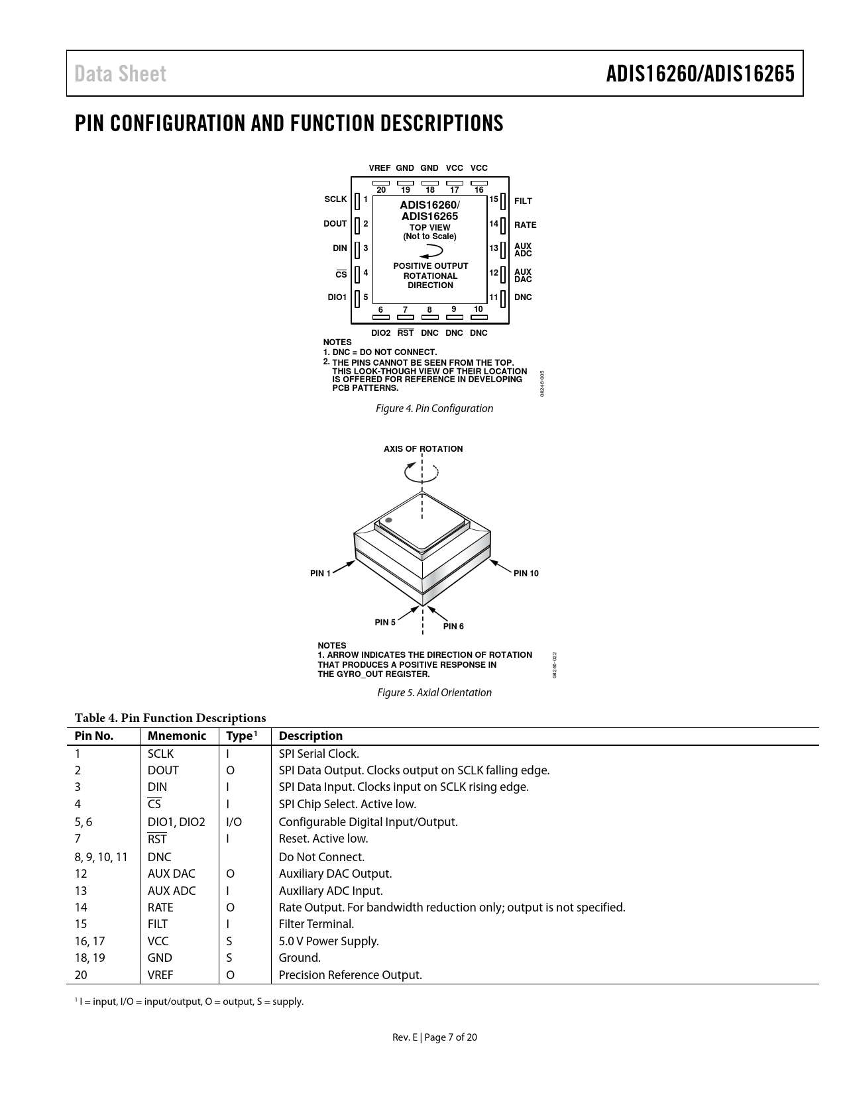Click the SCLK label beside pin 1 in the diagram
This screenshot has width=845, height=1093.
pos(335,199)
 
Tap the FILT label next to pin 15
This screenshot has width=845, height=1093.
pos(523,201)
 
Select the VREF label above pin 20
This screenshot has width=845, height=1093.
pos(380,168)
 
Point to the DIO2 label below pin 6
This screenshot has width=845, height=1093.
pos(380,333)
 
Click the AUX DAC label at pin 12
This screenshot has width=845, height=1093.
pos(523,276)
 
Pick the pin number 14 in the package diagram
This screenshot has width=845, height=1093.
pos(494,224)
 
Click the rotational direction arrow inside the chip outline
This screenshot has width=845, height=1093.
pos(431,251)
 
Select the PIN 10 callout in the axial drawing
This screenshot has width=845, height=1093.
pos(526,574)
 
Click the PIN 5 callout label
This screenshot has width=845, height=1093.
pos(385,623)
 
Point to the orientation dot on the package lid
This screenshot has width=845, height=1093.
pos(388,520)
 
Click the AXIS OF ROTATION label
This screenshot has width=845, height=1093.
pos(423,449)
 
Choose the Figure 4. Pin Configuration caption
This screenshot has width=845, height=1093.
pos(434,409)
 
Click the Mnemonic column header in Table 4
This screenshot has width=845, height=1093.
pos(177,736)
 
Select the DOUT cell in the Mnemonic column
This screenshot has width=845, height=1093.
pos(163,770)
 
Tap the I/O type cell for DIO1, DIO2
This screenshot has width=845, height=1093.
pos(234,822)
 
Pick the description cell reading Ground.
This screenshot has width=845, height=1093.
pos(300,958)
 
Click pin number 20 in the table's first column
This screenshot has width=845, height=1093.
pos(81,975)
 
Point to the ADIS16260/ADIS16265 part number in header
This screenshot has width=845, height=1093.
pos(700,74)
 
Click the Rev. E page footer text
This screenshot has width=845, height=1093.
pos(434,1037)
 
